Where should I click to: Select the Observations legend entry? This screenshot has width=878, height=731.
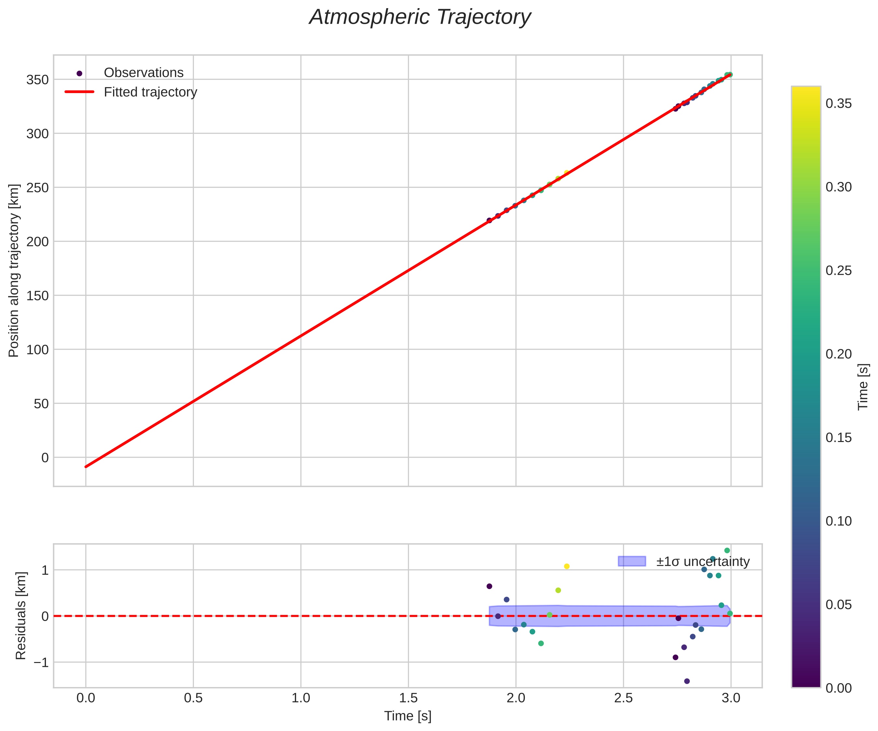coord(143,73)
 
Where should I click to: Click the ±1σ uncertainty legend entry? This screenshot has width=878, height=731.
coord(703,561)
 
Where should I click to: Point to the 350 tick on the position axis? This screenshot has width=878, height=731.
coord(38,80)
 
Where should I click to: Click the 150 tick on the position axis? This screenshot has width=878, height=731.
coord(38,296)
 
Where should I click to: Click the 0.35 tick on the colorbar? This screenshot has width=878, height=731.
coord(839,103)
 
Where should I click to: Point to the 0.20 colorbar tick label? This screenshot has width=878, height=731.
coord(839,354)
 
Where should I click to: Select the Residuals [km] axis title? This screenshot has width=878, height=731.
coord(21,616)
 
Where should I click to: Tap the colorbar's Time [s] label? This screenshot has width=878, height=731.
coord(863,387)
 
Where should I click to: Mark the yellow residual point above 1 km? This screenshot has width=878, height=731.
coord(567,566)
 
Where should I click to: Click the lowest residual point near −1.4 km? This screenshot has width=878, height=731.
coord(686,681)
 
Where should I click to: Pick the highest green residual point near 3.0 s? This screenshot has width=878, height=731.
coord(727,551)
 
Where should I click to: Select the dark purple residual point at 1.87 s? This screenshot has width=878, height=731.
coord(489,586)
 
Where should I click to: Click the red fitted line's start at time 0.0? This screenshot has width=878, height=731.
coord(86,467)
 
